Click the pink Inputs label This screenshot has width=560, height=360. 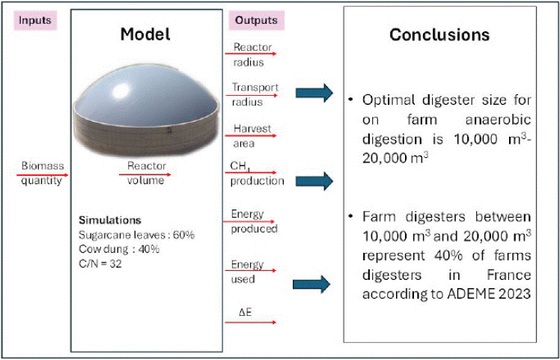(x=35, y=20)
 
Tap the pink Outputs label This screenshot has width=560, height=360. (x=256, y=20)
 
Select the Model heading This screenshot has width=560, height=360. (x=145, y=34)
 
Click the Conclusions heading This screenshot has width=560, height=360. (x=439, y=35)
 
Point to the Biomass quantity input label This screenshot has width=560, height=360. (x=42, y=173)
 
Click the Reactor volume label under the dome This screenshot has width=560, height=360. (x=146, y=173)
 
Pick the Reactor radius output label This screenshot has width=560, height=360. (x=252, y=55)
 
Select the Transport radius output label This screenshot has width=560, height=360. (x=255, y=94)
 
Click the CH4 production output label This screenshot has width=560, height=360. (x=257, y=174)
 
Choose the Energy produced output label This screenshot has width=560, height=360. (x=254, y=222)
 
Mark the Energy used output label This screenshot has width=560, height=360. (x=247, y=272)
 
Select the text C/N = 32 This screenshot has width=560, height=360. (x=100, y=265)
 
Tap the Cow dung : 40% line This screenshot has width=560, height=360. (x=119, y=249)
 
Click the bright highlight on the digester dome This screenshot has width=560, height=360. (x=124, y=91)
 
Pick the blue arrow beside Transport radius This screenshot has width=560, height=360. (x=314, y=93)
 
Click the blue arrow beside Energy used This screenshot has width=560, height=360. (x=311, y=284)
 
